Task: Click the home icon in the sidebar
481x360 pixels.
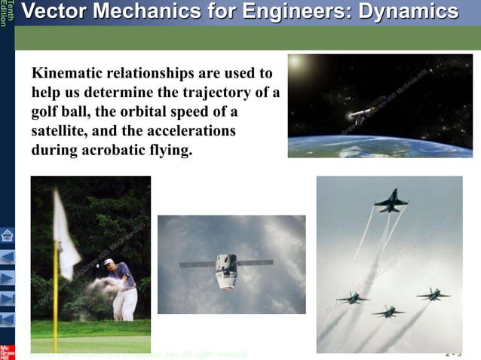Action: (x=8, y=236)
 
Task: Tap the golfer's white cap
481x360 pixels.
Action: (x=109, y=261)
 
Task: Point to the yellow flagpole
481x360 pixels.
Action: (x=55, y=301)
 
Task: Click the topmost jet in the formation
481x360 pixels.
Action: (x=391, y=201)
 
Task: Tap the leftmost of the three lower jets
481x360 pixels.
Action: (x=352, y=297)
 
